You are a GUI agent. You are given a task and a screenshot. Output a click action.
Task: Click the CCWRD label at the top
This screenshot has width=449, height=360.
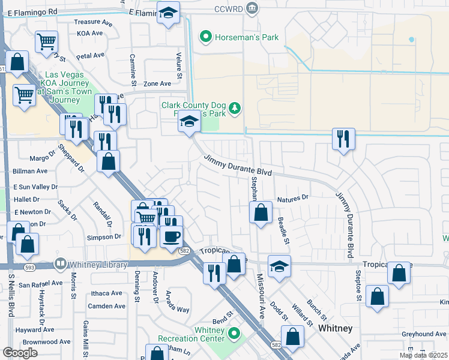click(x=229, y=9)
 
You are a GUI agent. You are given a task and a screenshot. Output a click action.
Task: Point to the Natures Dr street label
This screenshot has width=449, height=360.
click(x=292, y=197)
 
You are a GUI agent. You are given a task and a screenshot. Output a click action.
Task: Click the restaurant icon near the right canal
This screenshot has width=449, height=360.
click(x=343, y=139)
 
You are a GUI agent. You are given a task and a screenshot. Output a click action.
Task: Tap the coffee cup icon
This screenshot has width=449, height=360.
click(x=171, y=236)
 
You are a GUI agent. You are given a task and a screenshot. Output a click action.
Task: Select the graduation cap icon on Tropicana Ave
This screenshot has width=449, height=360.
click(x=279, y=266)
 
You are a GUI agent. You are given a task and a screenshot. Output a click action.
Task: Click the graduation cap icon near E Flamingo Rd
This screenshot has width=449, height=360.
click(x=169, y=12)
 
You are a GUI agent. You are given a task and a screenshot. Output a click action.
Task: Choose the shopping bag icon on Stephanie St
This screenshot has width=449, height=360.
click(x=261, y=212)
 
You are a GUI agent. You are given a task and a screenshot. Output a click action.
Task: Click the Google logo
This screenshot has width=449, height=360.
click(x=20, y=353)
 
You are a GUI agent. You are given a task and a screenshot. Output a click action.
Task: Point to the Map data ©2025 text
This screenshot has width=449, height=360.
click(x=423, y=355)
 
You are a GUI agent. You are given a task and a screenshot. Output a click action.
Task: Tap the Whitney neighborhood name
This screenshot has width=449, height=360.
click(x=335, y=328)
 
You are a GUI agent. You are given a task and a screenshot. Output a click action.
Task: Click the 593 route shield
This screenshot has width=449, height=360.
click(x=28, y=267)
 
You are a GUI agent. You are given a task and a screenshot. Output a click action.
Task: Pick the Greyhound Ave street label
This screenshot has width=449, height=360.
click(x=424, y=334)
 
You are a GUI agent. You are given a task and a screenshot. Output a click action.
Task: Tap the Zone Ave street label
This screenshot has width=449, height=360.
click(x=157, y=84)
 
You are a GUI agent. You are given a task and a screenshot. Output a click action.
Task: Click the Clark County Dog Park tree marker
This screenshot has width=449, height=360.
click(x=236, y=108)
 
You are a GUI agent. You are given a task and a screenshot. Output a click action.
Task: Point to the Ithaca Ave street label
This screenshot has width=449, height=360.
click(x=107, y=293)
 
